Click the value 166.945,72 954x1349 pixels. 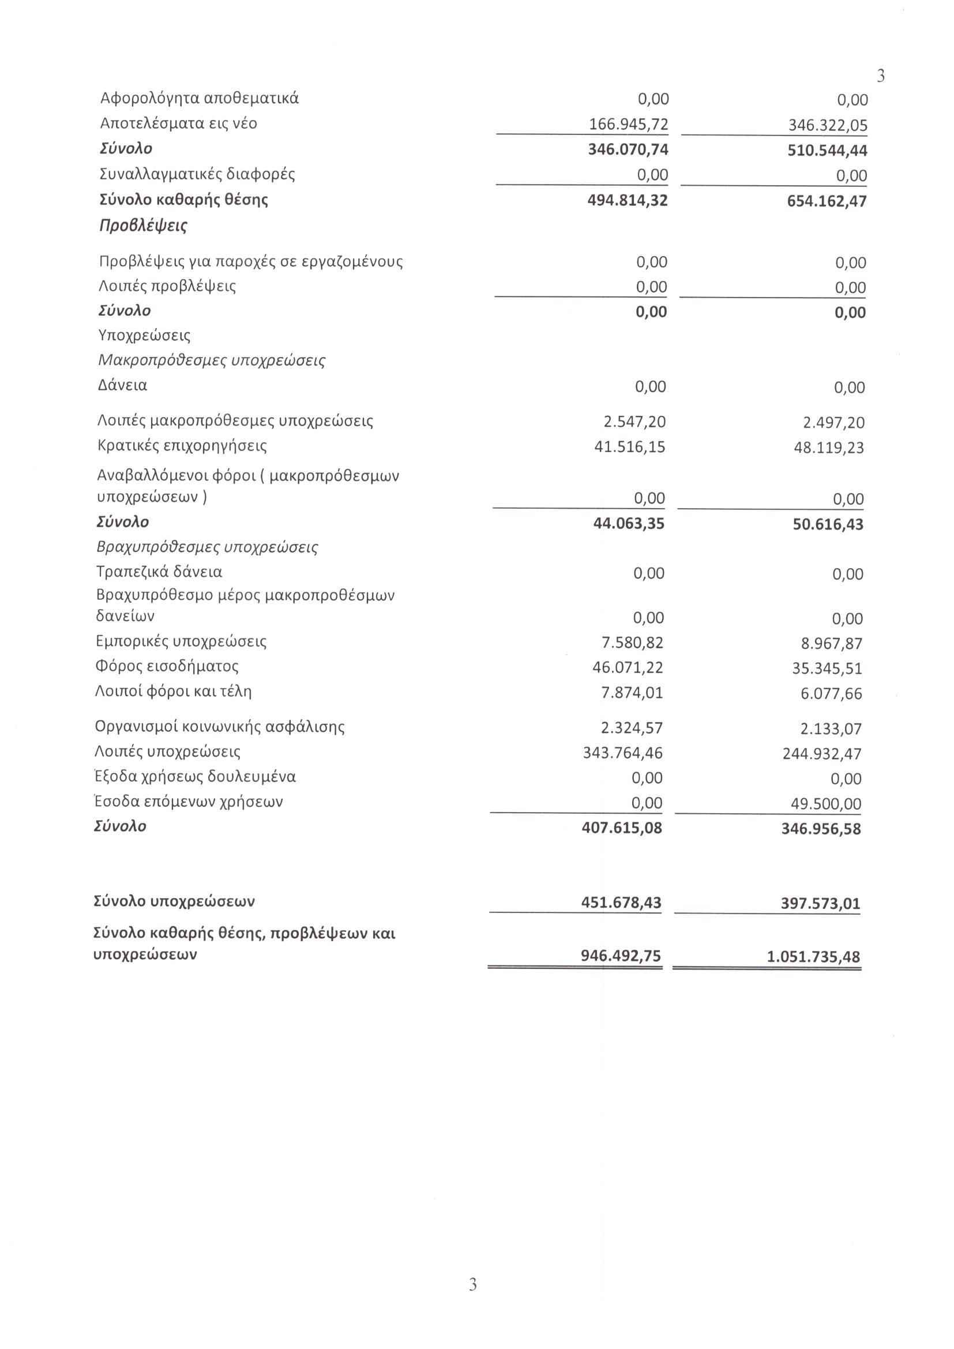click(x=629, y=125)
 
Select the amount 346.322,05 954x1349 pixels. click(x=828, y=126)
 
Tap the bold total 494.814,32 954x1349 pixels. click(x=628, y=201)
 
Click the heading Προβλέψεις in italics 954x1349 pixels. click(x=144, y=226)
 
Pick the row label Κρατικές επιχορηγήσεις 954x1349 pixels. click(x=182, y=446)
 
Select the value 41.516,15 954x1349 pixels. click(x=630, y=447)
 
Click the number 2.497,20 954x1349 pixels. click(x=833, y=423)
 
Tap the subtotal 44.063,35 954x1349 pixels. click(x=629, y=523)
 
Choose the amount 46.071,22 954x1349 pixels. click(x=628, y=667)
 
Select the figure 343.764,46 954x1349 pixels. click(x=623, y=753)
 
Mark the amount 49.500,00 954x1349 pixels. click(x=825, y=804)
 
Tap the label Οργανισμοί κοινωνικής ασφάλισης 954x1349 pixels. click(x=220, y=727)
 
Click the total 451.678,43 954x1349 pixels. click(x=621, y=903)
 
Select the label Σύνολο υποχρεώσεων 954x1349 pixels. click(x=174, y=901)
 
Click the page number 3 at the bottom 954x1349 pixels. click(x=473, y=1284)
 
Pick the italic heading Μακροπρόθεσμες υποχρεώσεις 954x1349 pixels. click(x=212, y=360)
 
